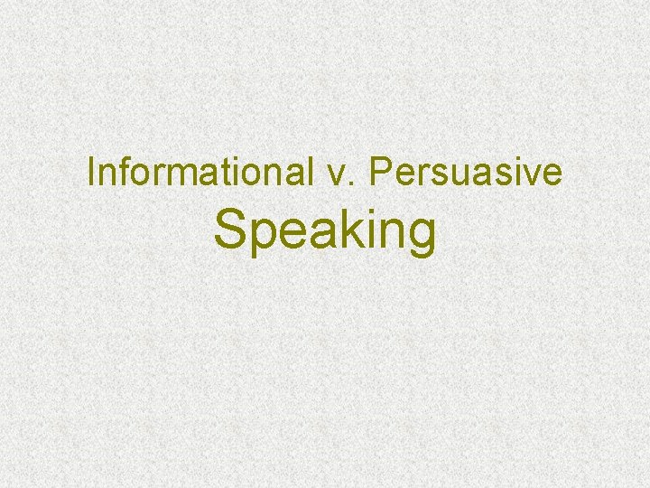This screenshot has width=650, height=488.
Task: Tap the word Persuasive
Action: coord(465,173)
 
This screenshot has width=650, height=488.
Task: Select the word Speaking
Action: coord(325,231)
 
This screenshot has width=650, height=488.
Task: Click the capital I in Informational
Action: coord(91,173)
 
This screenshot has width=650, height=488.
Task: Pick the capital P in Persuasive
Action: coord(379,173)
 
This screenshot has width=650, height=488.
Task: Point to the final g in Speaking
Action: coord(421,237)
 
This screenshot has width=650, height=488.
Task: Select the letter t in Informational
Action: coord(210,174)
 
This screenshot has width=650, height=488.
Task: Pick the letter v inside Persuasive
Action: coord(531,175)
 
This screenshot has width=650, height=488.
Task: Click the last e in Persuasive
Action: coord(551,175)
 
